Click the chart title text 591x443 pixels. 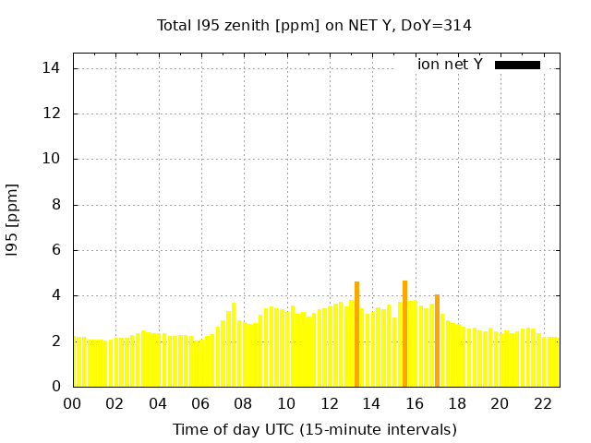[314, 26]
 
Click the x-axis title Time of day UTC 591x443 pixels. [314, 429]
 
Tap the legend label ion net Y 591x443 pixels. [450, 65]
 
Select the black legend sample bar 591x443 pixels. [517, 65]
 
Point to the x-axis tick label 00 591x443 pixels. [72, 404]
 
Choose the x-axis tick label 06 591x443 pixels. [200, 404]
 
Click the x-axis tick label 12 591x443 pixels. [329, 404]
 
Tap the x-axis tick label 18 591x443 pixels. [457, 404]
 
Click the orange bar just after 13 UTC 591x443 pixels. [356, 334]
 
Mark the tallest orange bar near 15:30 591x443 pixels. [404, 333]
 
